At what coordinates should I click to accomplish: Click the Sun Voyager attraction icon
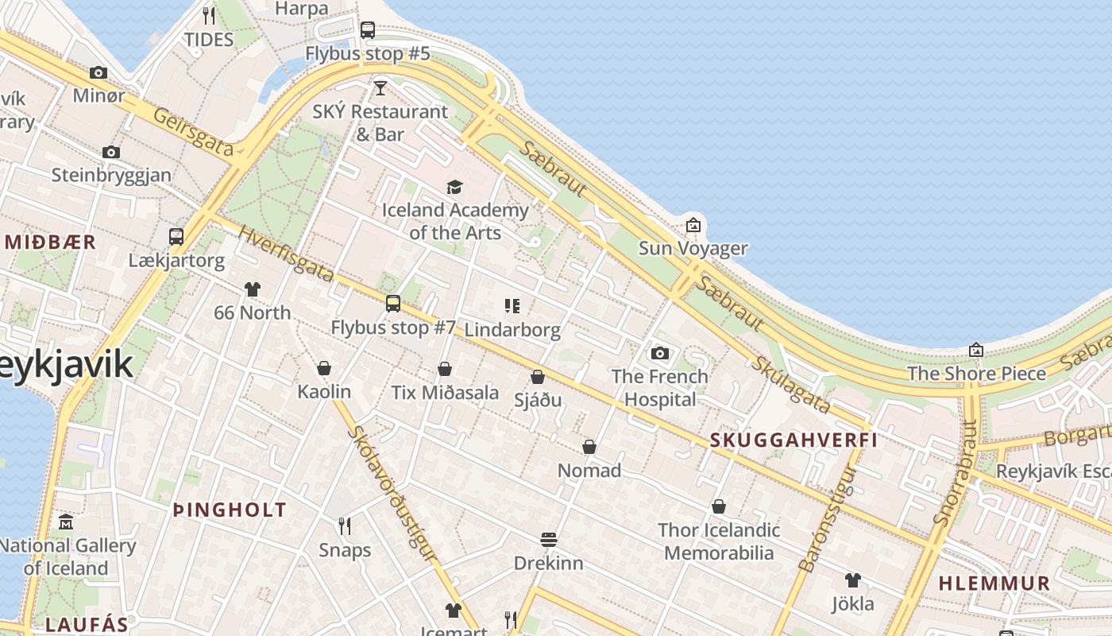pos(693,225)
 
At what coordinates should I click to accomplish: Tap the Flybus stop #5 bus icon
pos(367,30)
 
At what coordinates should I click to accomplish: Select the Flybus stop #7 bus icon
pos(392,303)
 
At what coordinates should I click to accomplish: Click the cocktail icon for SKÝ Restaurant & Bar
pos(380,87)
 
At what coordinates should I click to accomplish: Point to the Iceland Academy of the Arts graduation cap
pos(454,187)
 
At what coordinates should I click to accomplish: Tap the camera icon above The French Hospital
pos(659,353)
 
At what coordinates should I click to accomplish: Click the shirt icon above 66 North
pos(252,289)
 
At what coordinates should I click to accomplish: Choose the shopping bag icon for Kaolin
pos(323,368)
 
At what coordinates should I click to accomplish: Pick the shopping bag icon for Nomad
pos(589,447)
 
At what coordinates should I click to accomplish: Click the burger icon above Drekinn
pos(548,540)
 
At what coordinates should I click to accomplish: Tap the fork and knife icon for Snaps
pos(345,526)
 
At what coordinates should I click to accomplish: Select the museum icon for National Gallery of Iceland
pos(66,522)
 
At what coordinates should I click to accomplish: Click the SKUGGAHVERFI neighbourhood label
pos(793,440)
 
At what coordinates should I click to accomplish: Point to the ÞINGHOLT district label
pos(230,510)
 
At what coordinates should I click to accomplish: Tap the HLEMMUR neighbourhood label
pos(994,583)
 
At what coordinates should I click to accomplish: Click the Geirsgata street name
pos(193,131)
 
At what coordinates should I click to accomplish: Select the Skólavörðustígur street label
pos(393,494)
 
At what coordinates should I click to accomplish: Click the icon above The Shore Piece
pos(976,350)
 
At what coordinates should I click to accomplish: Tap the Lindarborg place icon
pos(512,305)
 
